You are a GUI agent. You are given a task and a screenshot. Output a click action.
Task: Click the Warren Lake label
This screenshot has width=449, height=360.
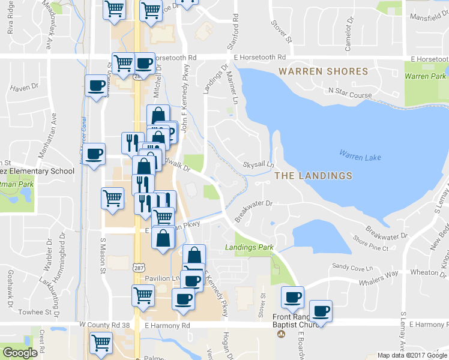coord(360,157)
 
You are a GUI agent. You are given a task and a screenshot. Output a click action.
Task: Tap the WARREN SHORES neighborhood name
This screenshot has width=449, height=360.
coord(323,71)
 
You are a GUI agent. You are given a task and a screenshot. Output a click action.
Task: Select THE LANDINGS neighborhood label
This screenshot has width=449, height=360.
coord(313,176)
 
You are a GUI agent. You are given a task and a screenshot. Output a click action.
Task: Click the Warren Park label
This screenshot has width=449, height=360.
coord(425,76)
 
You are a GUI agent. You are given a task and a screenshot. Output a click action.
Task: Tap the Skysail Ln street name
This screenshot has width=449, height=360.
coord(258,164)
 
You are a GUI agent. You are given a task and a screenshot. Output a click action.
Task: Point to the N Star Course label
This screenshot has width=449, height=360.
coord(351,92)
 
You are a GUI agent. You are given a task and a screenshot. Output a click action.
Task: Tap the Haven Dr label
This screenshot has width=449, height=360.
coord(24,88)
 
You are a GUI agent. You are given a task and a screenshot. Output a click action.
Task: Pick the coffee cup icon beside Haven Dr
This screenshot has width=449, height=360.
coord(95,86)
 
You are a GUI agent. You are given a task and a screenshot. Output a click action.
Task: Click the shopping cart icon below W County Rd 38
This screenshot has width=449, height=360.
coord(100,343)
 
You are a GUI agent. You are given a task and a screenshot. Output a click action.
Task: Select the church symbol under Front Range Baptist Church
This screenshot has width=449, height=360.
coord(280,334)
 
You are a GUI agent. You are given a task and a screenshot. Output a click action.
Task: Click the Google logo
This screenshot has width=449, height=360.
coord(20,353)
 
